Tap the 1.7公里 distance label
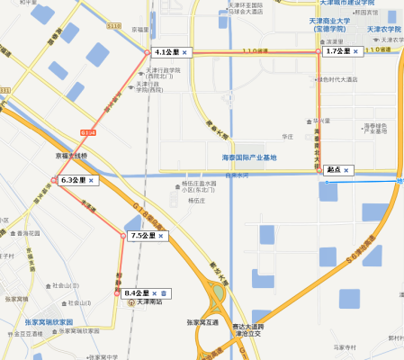tap(337, 52)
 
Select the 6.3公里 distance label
tap(73, 180)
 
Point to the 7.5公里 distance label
tap(142, 236)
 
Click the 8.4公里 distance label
tap(136, 293)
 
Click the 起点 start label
tap(333, 170)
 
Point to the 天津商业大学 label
tap(337, 21)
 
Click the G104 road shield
tap(87, 132)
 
